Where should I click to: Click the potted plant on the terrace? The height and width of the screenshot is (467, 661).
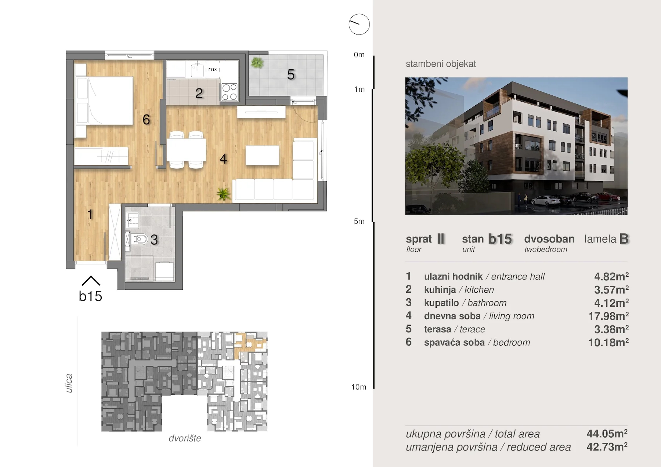point(257,63)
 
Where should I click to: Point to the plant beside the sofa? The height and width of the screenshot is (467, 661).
point(223,194)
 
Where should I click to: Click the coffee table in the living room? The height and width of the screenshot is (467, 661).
point(262,155)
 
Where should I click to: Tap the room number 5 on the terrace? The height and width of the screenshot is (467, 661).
point(291,74)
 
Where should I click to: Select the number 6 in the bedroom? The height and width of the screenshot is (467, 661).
point(146,119)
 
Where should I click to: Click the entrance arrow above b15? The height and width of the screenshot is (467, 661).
point(91,281)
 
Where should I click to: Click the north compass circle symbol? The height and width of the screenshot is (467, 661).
point(359,25)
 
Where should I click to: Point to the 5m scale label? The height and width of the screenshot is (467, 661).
point(359,221)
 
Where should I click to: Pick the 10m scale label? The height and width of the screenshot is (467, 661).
point(359,387)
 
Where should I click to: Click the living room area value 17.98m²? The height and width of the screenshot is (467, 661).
point(608,316)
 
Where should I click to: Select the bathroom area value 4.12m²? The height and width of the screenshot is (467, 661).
point(611,303)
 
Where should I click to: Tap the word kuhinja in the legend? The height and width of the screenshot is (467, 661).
point(440,289)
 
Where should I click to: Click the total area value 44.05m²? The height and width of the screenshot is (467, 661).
point(607,434)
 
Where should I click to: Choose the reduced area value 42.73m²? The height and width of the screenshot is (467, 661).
point(607,447)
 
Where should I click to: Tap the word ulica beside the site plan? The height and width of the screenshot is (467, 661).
point(69,383)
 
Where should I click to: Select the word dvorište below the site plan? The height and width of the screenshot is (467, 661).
point(185,438)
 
